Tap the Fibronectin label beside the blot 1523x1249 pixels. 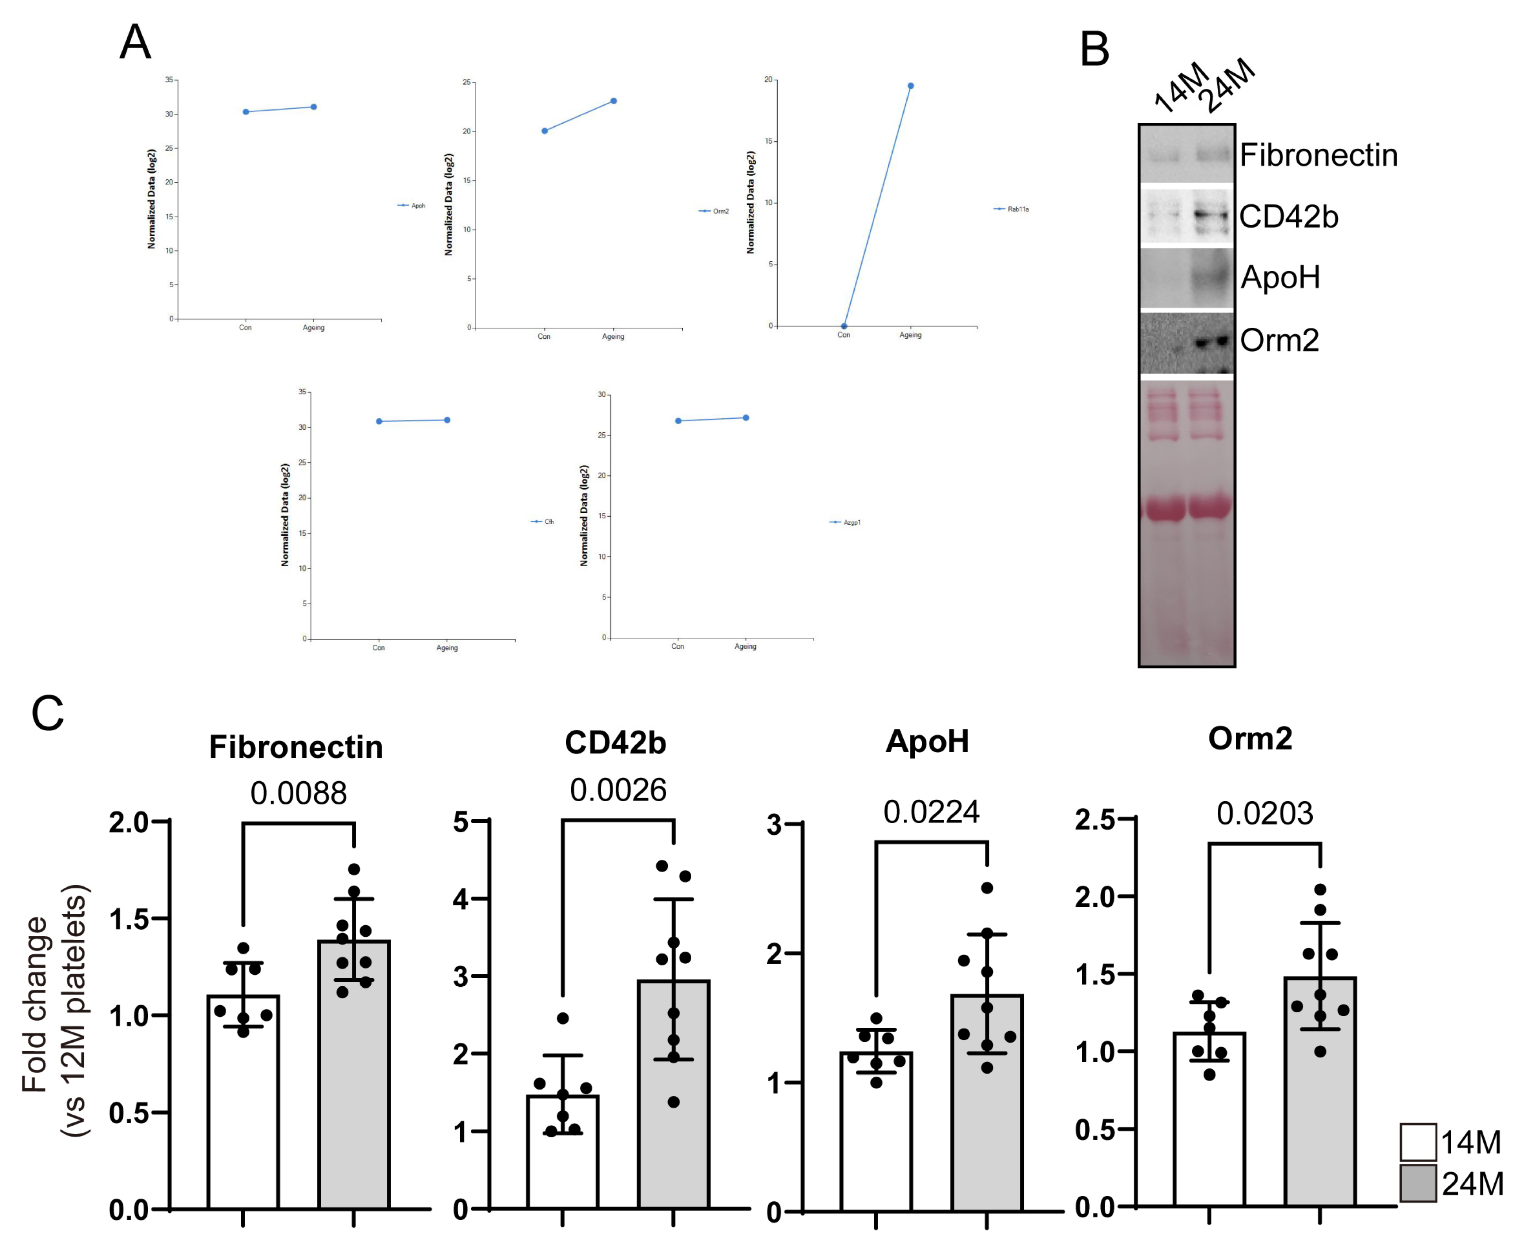1318,155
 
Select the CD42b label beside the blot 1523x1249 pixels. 1288,216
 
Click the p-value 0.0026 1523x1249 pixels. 618,791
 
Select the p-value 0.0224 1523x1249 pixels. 931,812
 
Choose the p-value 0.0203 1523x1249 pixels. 1265,814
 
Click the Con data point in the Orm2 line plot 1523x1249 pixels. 545,131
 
